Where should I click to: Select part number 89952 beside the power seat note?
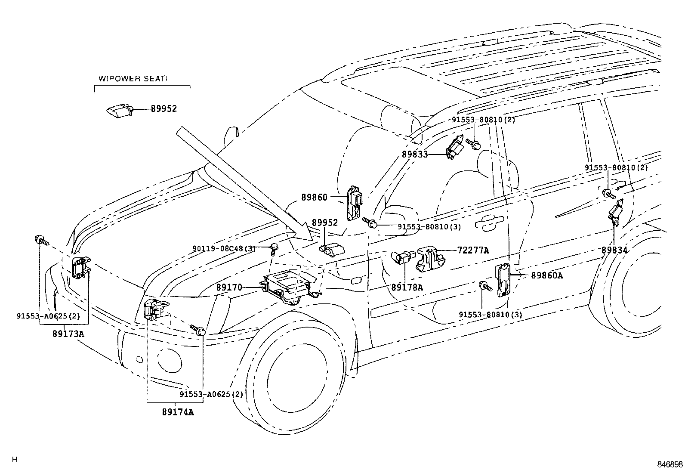click(x=164, y=109)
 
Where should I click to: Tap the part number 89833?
click(x=415, y=154)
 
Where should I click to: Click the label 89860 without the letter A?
click(x=314, y=197)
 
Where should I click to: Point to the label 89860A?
click(x=546, y=275)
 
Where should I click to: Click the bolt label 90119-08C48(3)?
click(x=224, y=248)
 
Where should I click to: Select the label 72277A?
click(x=473, y=250)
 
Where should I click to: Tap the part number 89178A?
click(x=407, y=287)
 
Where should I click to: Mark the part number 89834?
click(x=614, y=250)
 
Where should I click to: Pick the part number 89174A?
click(x=178, y=412)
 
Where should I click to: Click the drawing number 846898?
click(x=670, y=464)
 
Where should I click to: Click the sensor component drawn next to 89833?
click(x=455, y=150)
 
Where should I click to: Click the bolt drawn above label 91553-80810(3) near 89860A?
click(x=485, y=286)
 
